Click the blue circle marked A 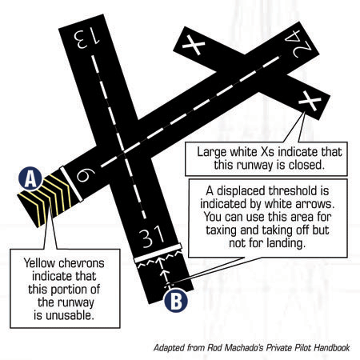(30, 178)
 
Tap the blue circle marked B (176, 300)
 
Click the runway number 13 (87, 38)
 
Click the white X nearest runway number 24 (194, 45)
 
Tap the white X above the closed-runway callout (310, 101)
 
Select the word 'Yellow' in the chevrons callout (40, 264)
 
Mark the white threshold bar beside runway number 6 (71, 184)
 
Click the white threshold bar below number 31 (158, 253)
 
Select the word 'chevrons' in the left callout (82, 263)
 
